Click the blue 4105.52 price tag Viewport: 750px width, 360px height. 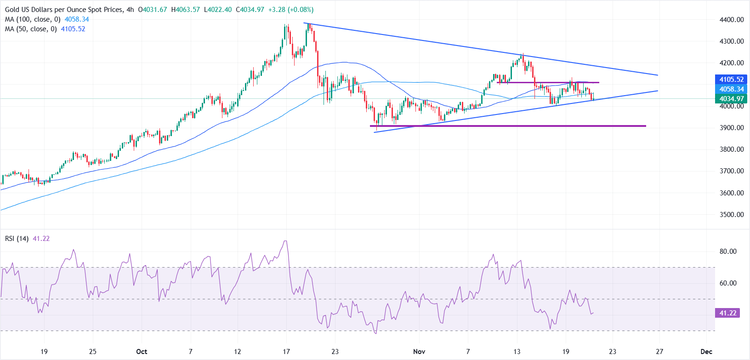(x=731, y=80)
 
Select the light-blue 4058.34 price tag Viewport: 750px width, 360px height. (x=731, y=89)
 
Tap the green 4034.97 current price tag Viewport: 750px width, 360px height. (x=731, y=99)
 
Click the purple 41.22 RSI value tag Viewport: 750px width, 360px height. (x=727, y=313)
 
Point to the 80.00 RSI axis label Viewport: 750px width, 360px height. (x=728, y=251)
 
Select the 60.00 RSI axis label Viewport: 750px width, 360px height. (x=728, y=283)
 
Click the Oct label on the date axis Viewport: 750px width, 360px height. (x=142, y=352)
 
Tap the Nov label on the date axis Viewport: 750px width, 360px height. (x=419, y=352)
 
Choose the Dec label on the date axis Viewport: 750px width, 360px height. (x=706, y=352)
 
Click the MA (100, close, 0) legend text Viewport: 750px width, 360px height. (x=33, y=19)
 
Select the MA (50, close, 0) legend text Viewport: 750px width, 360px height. (x=31, y=29)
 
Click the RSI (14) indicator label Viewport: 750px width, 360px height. (x=17, y=239)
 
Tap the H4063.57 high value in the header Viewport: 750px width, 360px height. (x=185, y=10)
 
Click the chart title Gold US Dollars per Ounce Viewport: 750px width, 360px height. (x=64, y=10)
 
